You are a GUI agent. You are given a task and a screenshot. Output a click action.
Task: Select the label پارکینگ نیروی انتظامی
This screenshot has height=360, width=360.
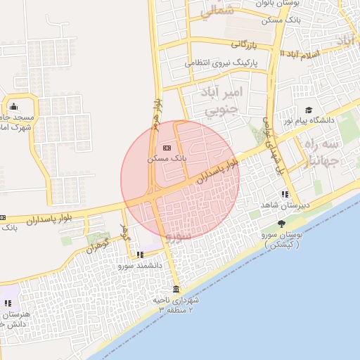coord(222,63)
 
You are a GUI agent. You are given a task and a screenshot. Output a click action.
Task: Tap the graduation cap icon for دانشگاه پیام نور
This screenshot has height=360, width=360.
coord(308,110)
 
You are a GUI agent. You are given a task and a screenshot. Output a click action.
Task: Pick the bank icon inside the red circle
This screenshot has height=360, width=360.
coord(167,148)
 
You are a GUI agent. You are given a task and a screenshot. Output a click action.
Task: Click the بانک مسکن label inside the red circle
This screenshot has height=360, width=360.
coord(167,159)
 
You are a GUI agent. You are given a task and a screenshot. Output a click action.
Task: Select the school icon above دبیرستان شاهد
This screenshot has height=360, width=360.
coord(284,194)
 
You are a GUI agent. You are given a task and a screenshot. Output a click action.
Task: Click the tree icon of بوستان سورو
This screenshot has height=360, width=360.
coord(281,224)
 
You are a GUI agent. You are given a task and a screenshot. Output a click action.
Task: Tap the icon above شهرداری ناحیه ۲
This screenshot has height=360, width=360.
coord(176,290)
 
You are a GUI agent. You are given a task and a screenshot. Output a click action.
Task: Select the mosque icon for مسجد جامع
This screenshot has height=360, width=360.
coord(15,107)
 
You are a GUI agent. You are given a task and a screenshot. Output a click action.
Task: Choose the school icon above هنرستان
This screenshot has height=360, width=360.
coord(8,303)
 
